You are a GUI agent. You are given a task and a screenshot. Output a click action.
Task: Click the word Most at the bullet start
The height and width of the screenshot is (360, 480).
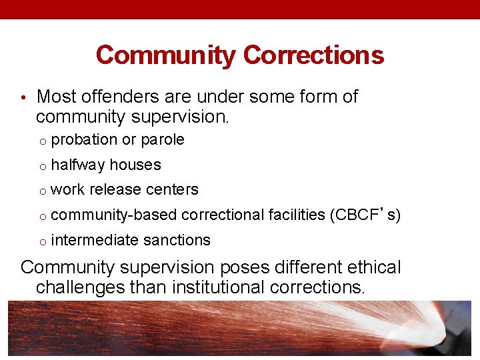click(x=55, y=97)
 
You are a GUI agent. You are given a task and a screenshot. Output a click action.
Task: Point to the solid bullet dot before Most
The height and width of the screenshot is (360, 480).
click(x=23, y=98)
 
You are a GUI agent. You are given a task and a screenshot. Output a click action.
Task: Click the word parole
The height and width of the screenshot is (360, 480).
click(x=163, y=140)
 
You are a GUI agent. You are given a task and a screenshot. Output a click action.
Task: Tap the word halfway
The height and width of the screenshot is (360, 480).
click(x=78, y=165)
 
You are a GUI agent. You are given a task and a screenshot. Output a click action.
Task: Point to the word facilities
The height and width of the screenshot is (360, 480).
click(x=296, y=215)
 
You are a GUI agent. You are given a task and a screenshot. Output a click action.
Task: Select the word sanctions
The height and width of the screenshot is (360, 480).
click(x=177, y=240)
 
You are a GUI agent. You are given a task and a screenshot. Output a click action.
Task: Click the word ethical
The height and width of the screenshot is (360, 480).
click(x=369, y=267)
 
